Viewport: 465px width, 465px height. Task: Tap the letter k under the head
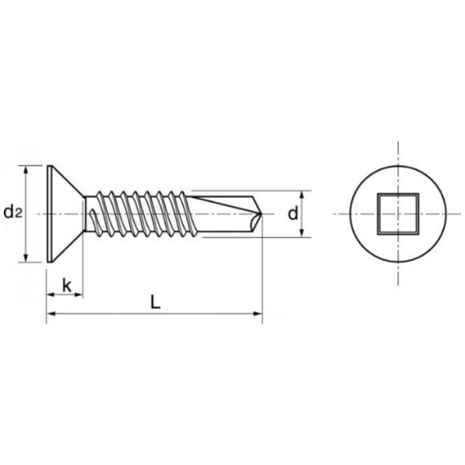67,284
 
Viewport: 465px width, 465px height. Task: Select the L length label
155,303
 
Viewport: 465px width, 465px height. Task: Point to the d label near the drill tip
293,213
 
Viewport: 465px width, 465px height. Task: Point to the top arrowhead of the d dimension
302,195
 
